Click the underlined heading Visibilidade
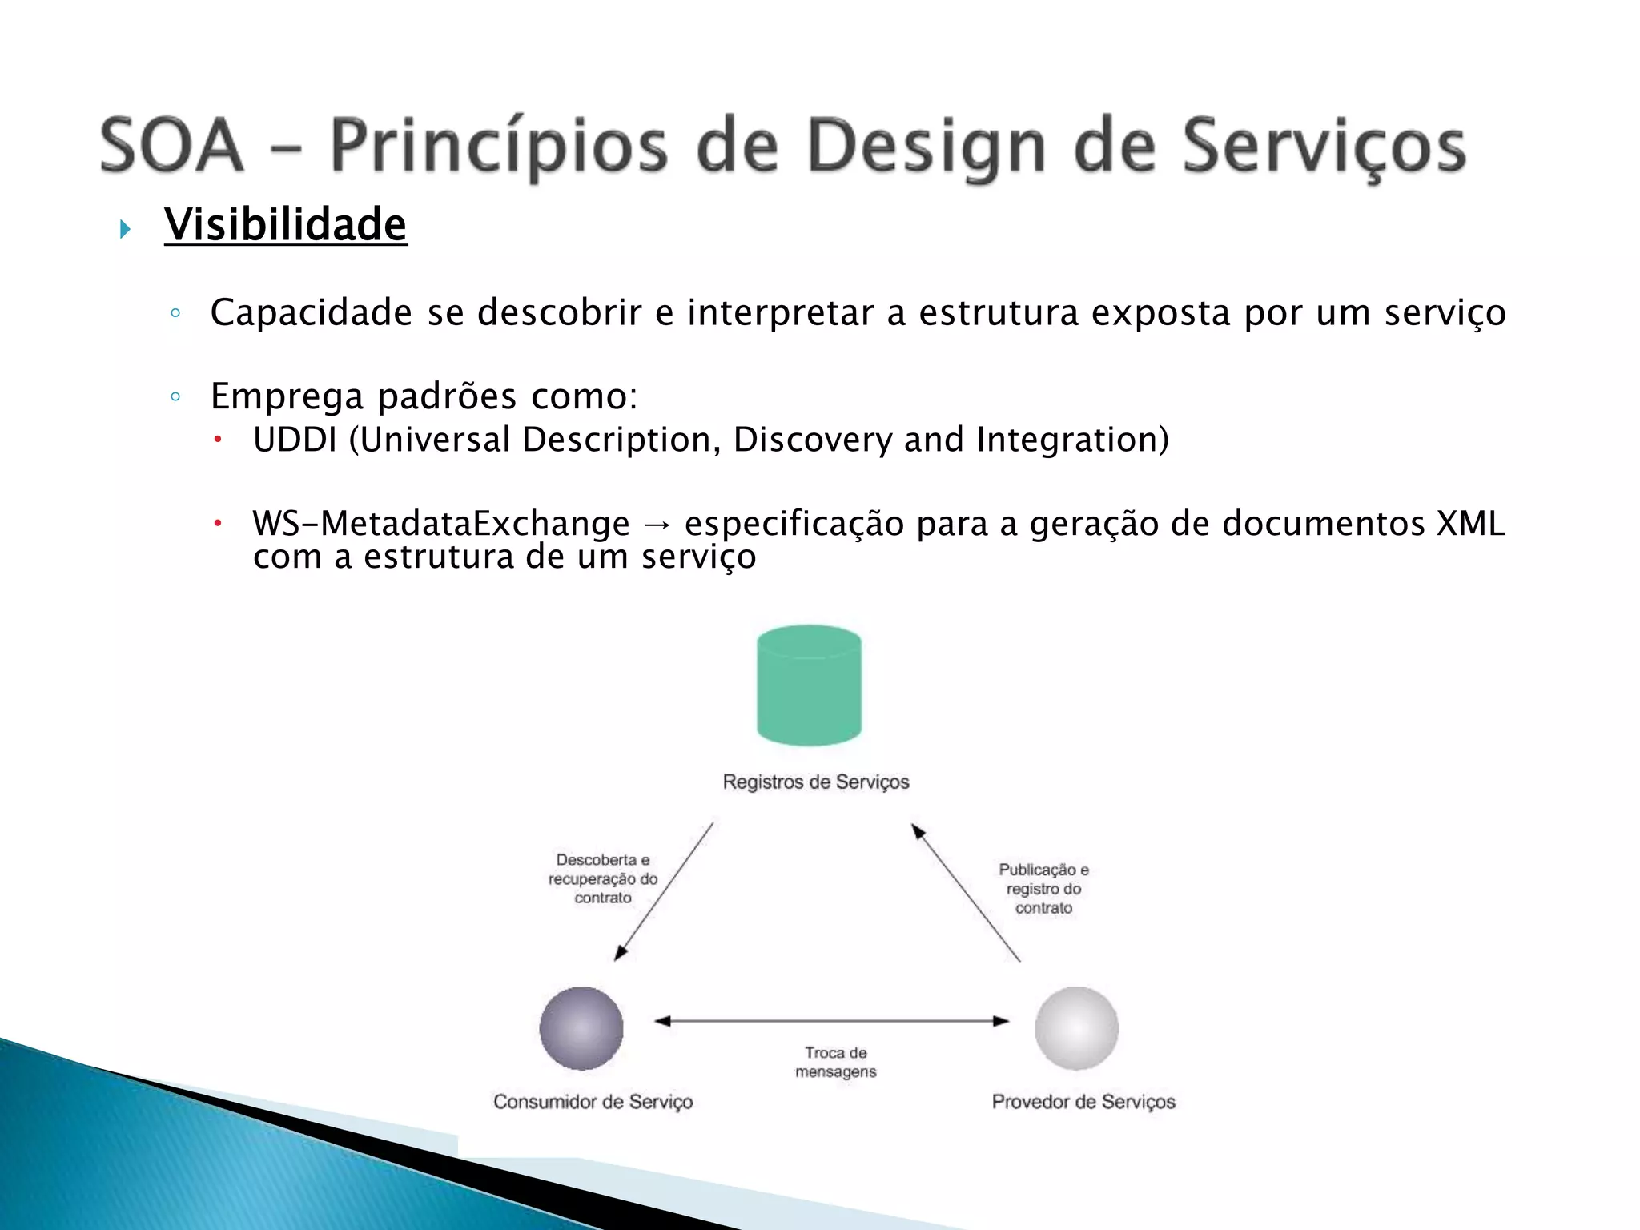click(285, 224)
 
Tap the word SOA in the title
click(171, 146)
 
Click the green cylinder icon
click(809, 685)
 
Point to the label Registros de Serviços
click(815, 782)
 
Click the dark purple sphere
click(581, 1028)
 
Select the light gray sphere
click(1076, 1028)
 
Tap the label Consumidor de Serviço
click(593, 1102)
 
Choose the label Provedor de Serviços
click(1083, 1102)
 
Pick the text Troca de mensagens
click(835, 1062)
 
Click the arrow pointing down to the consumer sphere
click(664, 890)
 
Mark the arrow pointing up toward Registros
click(966, 892)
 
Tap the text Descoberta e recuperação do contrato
click(602, 878)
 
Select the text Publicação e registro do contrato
click(1043, 889)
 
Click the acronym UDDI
click(294, 440)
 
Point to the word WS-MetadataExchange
click(441, 524)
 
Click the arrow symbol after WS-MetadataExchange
click(657, 525)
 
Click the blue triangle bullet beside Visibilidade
click(125, 230)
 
